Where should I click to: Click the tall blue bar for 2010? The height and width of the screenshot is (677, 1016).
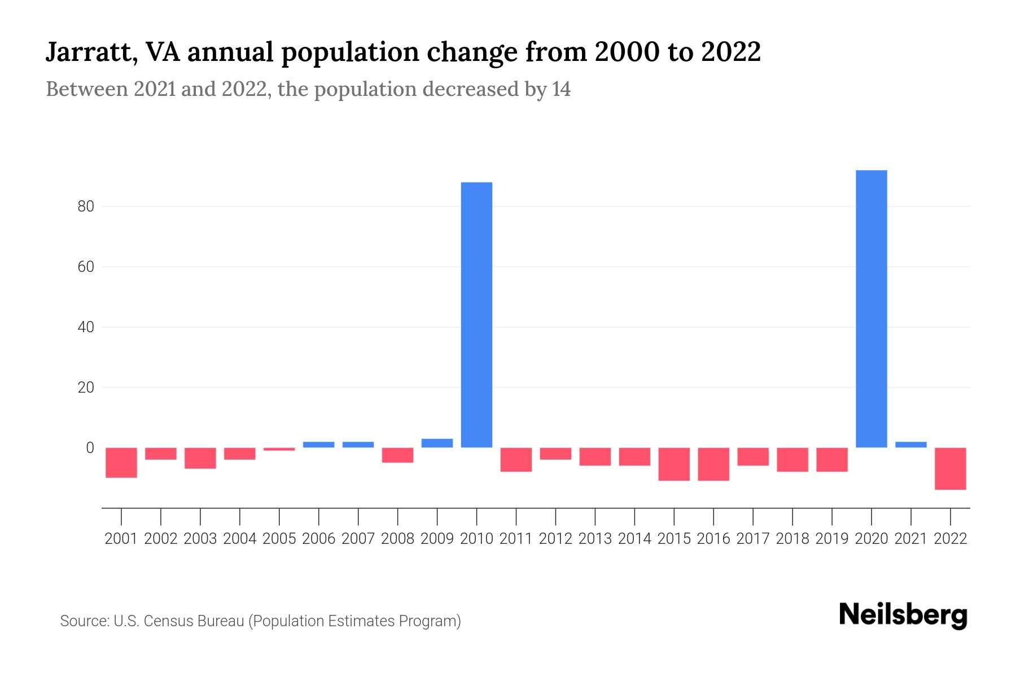click(476, 315)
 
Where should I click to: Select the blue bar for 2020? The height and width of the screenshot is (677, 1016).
click(872, 309)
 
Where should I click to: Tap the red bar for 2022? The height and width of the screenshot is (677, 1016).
click(951, 468)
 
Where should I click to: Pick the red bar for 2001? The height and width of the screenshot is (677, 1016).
click(121, 463)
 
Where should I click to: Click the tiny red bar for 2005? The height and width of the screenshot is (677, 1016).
click(279, 449)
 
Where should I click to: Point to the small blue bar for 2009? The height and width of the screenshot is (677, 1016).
click(437, 443)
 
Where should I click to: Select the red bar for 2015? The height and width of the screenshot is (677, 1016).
click(674, 464)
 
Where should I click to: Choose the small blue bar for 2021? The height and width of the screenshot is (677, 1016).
click(911, 445)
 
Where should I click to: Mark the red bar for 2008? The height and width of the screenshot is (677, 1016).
click(397, 455)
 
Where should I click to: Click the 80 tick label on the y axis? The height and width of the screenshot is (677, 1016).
click(86, 206)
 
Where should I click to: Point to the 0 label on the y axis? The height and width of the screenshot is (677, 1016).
click(90, 448)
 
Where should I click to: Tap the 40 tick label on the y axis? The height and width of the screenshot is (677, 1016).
click(86, 327)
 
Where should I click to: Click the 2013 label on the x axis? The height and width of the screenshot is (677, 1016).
click(595, 539)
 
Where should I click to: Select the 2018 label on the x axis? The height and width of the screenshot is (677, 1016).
click(792, 539)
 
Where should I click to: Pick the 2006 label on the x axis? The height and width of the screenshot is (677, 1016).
click(319, 539)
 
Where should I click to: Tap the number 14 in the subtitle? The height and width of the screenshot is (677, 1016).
click(561, 89)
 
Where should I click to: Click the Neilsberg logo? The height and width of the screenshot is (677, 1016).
click(903, 615)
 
